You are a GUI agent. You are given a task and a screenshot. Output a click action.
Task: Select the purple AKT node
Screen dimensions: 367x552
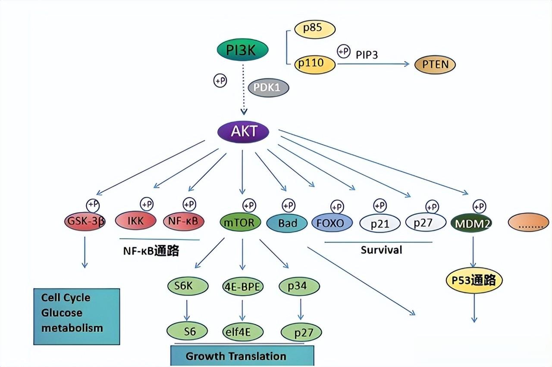(244, 131)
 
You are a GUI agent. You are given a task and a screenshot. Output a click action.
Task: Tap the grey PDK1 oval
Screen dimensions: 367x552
(268, 87)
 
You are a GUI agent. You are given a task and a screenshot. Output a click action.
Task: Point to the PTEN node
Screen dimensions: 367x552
(435, 65)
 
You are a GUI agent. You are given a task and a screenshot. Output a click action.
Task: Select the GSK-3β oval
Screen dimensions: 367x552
(84, 222)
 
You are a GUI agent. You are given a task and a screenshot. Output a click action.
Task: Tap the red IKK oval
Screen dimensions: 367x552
(135, 221)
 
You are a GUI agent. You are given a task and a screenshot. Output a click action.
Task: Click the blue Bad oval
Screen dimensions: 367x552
(288, 223)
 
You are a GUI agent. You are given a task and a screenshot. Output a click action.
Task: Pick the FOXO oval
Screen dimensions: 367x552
(333, 223)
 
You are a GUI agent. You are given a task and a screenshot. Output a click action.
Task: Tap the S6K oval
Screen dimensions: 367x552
(187, 286)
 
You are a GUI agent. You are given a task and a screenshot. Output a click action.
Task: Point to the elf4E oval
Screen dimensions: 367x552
(243, 332)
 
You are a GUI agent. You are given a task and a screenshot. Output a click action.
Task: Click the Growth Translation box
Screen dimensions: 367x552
(242, 356)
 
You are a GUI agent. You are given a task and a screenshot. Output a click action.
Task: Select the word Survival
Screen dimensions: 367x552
(381, 250)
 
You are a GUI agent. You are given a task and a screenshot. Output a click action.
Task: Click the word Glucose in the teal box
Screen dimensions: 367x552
(62, 313)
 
